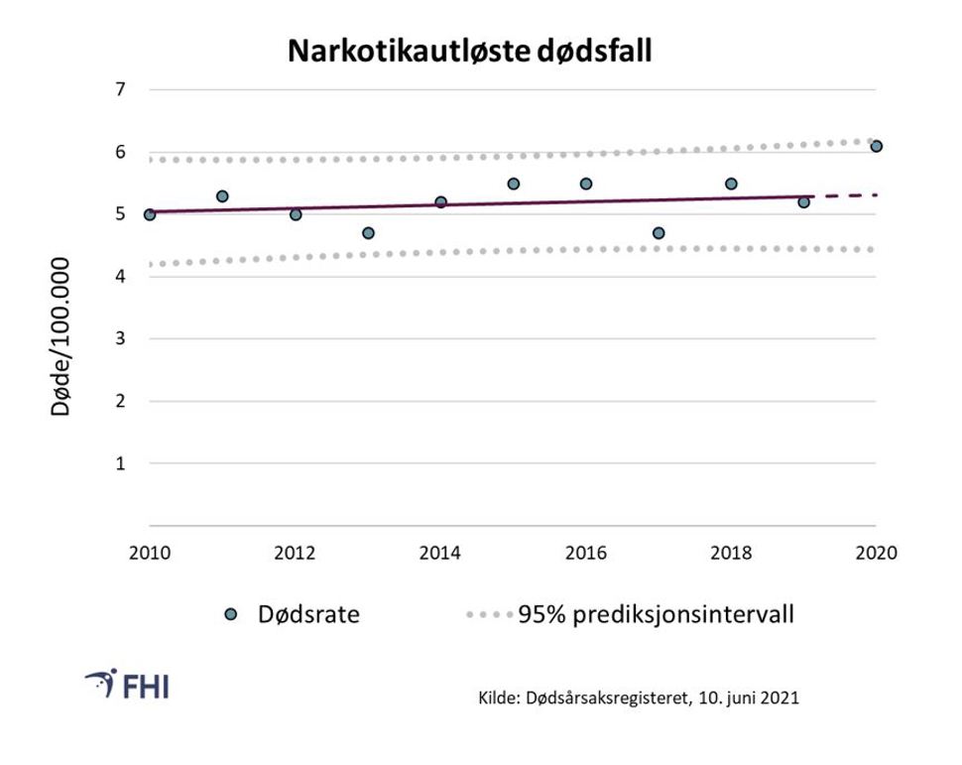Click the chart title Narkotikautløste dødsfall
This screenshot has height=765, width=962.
tap(470, 51)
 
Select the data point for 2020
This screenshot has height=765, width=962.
tap(876, 146)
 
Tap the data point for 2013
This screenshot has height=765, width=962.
tap(368, 233)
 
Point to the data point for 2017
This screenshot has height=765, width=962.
tap(659, 233)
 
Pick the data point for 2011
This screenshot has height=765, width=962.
tap(222, 196)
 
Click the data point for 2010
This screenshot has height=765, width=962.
tap(150, 214)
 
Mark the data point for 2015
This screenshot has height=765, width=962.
tap(513, 184)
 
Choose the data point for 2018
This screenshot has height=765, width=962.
tap(731, 184)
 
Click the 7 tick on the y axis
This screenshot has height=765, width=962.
tap(121, 89)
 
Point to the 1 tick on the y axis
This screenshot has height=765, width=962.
tap(121, 463)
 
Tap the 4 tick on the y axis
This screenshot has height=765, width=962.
tap(121, 277)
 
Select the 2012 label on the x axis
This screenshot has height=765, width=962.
tap(295, 553)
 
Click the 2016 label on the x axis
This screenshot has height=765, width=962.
tap(585, 553)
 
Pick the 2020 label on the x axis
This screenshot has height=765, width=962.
tap(876, 553)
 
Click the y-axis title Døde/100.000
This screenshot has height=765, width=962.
tap(61, 337)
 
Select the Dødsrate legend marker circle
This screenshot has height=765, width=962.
tap(232, 615)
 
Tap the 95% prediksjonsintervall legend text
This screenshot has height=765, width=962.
tap(656, 615)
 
